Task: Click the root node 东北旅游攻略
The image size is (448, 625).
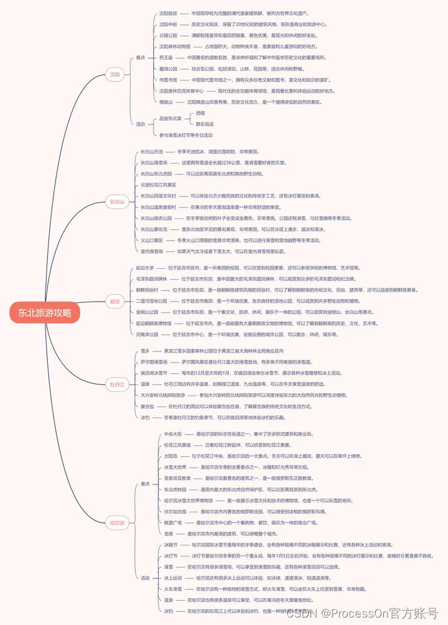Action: (x=45, y=312)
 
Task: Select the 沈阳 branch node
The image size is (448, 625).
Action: (x=114, y=75)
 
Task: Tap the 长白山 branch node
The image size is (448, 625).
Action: (x=117, y=201)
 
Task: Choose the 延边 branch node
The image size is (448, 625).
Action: (x=114, y=301)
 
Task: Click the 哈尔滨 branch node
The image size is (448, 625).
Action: (x=117, y=523)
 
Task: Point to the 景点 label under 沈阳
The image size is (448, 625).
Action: (x=141, y=57)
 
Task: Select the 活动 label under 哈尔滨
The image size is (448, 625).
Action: (x=145, y=578)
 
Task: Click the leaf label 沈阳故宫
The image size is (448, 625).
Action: (x=168, y=12)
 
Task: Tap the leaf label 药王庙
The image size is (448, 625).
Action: (x=166, y=57)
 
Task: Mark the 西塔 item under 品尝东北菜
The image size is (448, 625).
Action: (x=200, y=113)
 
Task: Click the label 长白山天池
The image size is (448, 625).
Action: (x=152, y=151)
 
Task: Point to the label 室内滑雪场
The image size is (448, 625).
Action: (x=152, y=251)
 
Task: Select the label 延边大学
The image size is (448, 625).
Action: (x=145, y=268)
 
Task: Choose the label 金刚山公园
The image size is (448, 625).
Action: (x=147, y=312)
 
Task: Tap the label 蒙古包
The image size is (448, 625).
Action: (x=147, y=406)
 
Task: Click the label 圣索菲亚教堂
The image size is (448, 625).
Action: (x=177, y=478)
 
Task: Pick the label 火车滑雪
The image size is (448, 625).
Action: (x=173, y=588)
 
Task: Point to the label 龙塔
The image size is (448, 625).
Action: (x=169, y=533)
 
